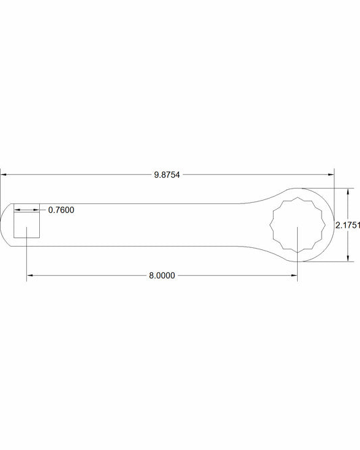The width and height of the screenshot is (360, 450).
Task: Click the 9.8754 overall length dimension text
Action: (x=168, y=174)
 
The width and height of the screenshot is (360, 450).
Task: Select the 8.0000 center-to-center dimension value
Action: (x=162, y=275)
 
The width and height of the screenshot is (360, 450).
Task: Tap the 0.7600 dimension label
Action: (x=61, y=210)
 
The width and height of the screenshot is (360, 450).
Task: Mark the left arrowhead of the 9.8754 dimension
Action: (x=3, y=174)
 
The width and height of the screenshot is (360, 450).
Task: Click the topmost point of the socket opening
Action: (x=297, y=197)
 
